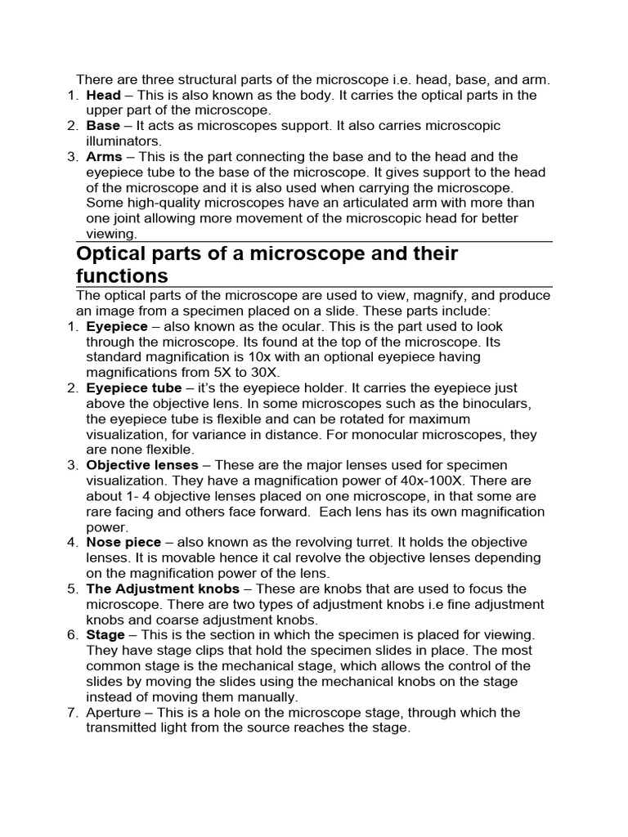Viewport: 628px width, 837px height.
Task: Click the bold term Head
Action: pyautogui.click(x=103, y=95)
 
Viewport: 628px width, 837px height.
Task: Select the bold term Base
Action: pyautogui.click(x=103, y=126)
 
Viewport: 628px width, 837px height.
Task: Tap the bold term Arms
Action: pyautogui.click(x=105, y=156)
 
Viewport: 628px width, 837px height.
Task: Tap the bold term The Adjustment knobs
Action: pyautogui.click(x=163, y=589)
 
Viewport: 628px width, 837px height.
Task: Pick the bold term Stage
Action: pyautogui.click(x=105, y=635)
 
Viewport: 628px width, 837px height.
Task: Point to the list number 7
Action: pyautogui.click(x=72, y=713)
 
